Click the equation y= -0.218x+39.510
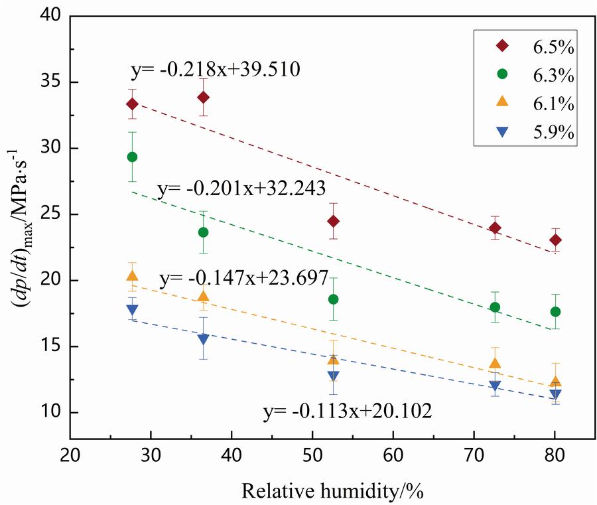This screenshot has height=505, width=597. coord(216,68)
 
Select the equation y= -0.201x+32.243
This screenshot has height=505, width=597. coord(241,189)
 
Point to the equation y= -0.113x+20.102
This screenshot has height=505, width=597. coord(347,412)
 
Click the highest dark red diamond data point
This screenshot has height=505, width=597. coord(204,98)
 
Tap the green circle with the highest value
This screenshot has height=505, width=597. coord(132,157)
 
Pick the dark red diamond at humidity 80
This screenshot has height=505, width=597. coord(555,240)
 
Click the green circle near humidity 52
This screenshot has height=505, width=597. coord(333,299)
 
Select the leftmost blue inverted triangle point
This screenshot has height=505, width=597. coord(132,310)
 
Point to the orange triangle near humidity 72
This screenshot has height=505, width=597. coord(495,363)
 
